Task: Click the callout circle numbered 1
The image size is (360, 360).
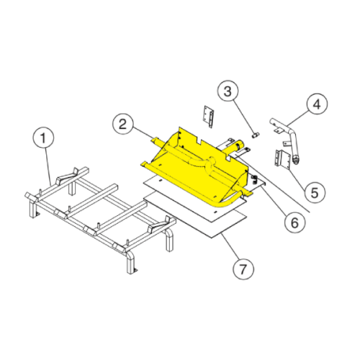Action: coord(43,138)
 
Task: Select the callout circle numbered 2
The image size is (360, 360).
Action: coord(123,125)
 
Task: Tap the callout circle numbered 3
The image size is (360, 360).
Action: coord(228,91)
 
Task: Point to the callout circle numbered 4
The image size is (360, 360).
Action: coord(317,104)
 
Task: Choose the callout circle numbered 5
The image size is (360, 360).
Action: coord(315,192)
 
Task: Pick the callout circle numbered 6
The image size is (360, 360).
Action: coord(294,222)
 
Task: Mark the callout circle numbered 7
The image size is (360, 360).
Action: coord(243,269)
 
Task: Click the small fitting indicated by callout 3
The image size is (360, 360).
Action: coord(256,135)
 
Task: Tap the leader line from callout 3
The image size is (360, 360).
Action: coord(244,116)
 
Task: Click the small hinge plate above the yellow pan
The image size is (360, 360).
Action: coord(209,117)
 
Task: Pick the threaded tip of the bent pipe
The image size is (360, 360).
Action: coord(297,161)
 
